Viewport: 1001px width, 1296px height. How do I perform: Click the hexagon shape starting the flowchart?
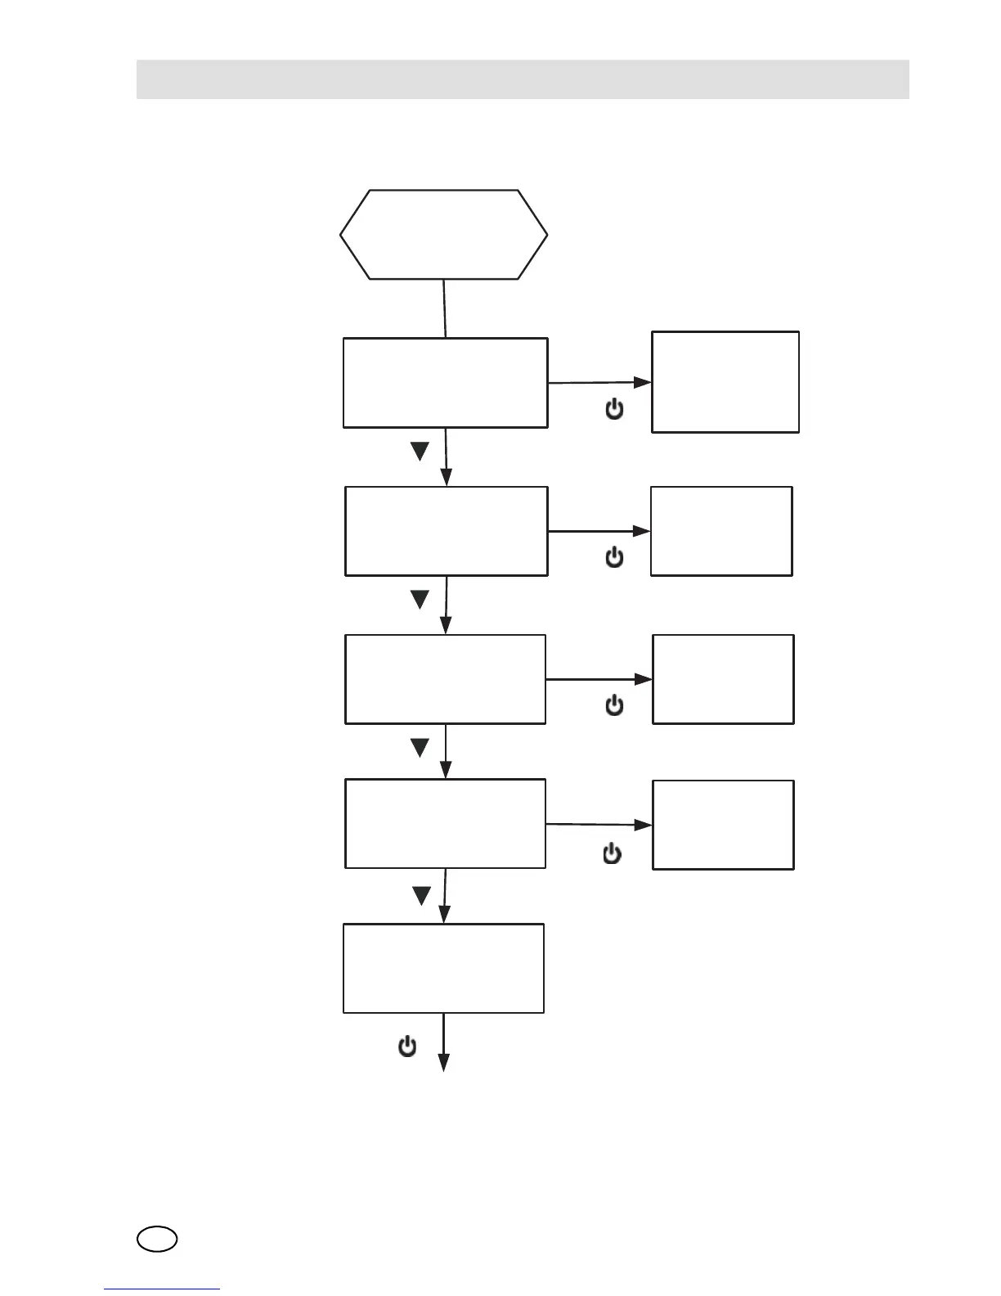tap(443, 235)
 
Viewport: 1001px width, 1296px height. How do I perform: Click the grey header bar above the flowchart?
tap(523, 79)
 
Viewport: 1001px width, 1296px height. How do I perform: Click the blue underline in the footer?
tap(162, 1289)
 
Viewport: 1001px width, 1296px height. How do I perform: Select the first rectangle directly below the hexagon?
tap(445, 382)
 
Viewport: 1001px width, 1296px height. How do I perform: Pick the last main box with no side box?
tap(443, 969)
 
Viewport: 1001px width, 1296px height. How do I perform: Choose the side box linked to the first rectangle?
tap(725, 382)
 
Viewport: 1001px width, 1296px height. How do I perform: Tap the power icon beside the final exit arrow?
tap(407, 1046)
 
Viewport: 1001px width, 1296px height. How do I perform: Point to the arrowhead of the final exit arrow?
tap(444, 1063)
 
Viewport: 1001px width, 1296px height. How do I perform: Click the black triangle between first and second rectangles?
tap(420, 452)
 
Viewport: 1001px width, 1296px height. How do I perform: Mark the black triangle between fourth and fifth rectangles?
tap(421, 897)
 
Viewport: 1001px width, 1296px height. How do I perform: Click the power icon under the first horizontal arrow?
tap(614, 409)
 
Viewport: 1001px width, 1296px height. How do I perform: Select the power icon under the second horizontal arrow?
tap(614, 558)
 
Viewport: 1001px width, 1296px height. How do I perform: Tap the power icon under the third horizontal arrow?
tap(614, 705)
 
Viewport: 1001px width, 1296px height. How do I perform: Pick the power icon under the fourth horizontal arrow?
tap(612, 854)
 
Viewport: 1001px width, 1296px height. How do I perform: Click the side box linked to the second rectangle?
tap(721, 531)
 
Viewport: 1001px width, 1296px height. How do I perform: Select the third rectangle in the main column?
tap(445, 679)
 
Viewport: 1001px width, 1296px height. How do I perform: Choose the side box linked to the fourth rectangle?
tap(723, 825)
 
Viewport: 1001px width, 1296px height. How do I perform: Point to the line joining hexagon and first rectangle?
tap(444, 308)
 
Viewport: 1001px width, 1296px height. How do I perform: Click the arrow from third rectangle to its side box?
tap(599, 679)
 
